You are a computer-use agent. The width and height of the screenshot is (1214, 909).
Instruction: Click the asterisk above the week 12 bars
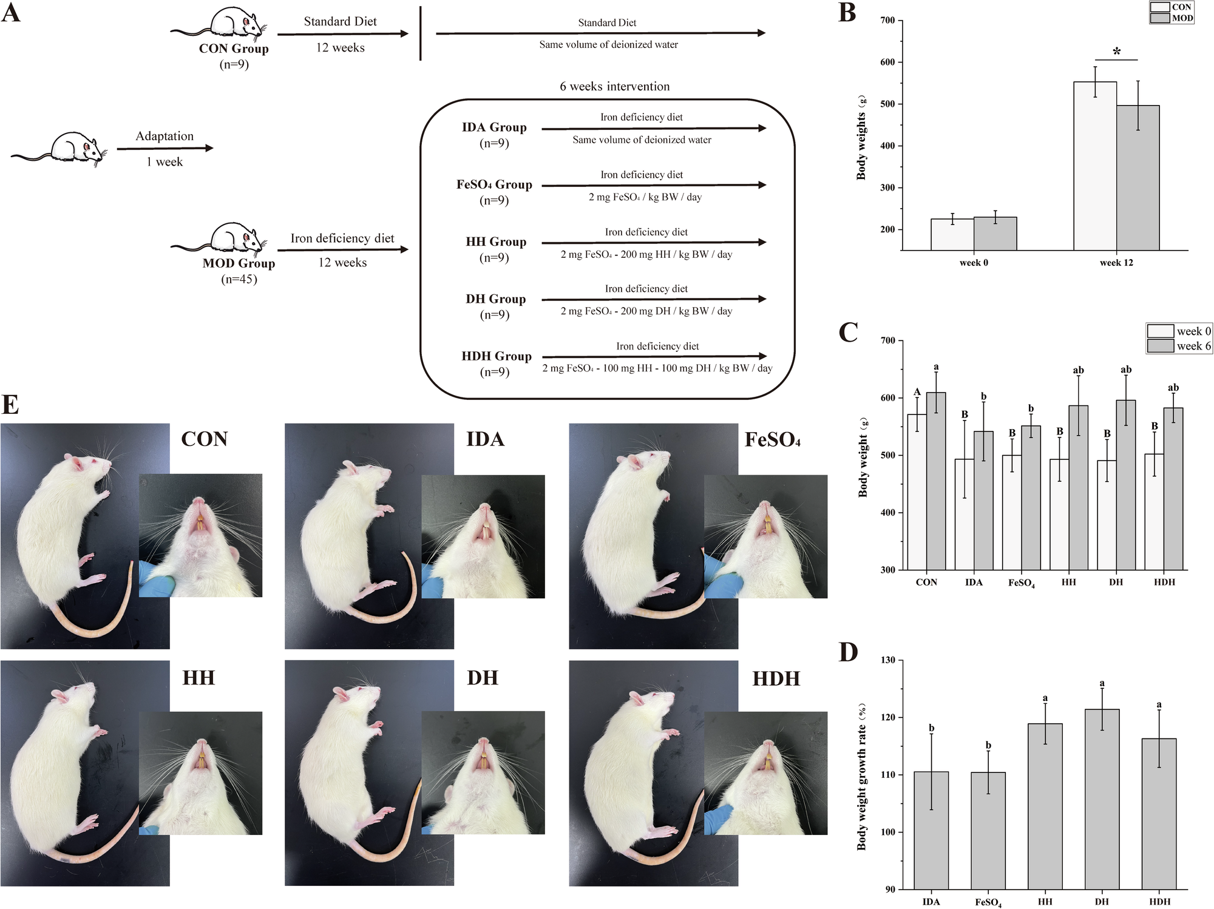click(1116, 52)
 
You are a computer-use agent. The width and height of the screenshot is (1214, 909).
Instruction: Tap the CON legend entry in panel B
click(1172, 7)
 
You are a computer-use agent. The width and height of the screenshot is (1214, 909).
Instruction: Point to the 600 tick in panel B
click(887, 63)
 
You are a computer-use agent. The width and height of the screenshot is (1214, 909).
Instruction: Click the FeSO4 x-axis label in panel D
click(988, 902)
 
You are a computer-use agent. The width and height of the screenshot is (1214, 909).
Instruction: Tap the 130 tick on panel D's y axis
click(887, 660)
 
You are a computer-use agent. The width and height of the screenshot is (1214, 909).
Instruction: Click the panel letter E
click(10, 405)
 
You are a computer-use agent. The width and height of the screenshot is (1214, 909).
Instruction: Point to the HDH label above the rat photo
click(776, 678)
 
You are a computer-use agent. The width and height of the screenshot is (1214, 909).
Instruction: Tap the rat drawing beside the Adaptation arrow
click(61, 149)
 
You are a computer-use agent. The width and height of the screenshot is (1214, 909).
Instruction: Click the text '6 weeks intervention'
click(614, 87)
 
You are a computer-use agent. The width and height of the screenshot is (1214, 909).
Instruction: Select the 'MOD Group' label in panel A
click(239, 263)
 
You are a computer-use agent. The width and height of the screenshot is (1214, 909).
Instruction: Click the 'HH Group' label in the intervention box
click(496, 242)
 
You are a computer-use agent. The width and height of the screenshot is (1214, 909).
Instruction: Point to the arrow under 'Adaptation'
click(164, 148)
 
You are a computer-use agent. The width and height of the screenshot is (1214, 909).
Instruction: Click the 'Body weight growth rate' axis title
click(861, 777)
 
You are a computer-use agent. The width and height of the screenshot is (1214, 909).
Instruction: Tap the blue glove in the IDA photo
click(427, 580)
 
